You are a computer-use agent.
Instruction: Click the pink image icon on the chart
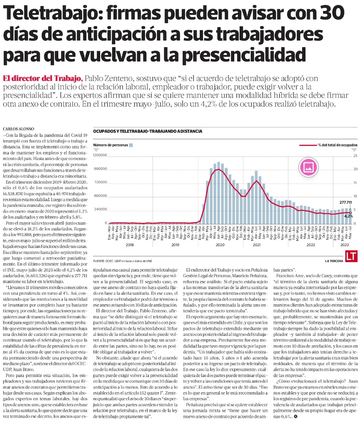[x=309, y=166]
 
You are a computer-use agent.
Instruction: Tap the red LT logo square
[x=351, y=256]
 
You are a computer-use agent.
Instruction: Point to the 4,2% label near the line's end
[x=349, y=216]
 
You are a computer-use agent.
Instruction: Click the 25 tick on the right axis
[x=355, y=155]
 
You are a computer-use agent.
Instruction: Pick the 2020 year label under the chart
[x=220, y=245]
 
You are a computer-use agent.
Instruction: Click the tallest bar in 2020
[x=219, y=193]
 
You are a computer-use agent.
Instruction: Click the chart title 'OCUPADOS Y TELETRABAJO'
[x=147, y=131]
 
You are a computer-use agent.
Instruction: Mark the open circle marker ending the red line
[x=351, y=213]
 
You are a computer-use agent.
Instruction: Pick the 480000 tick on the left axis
[x=101, y=196]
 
